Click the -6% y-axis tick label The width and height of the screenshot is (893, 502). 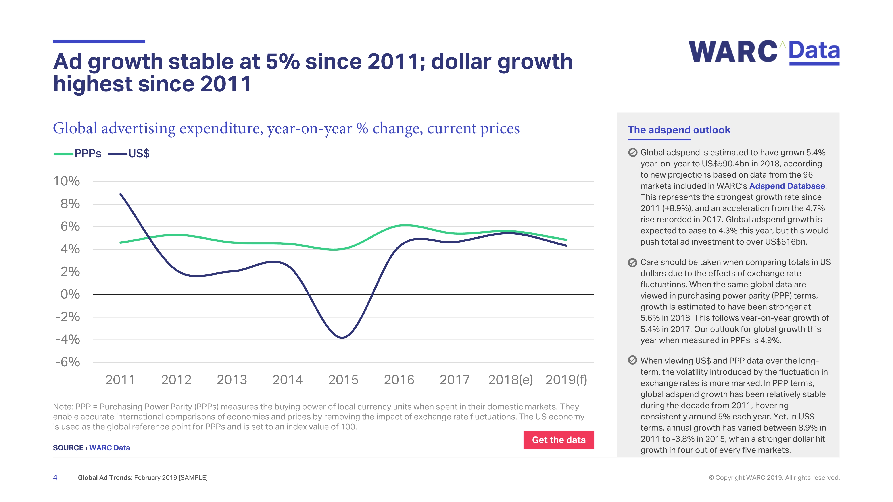(x=68, y=362)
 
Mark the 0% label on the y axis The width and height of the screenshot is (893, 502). (x=70, y=295)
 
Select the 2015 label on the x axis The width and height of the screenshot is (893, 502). (x=343, y=380)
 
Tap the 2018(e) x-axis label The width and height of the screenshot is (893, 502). (x=510, y=380)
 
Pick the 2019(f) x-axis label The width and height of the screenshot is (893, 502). (x=566, y=380)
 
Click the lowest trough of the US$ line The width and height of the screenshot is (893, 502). (x=342, y=337)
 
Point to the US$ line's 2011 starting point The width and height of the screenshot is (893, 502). (x=121, y=194)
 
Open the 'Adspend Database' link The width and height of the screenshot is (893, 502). (x=787, y=186)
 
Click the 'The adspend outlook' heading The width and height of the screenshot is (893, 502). (x=679, y=130)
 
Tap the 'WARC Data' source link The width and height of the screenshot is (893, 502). (x=110, y=448)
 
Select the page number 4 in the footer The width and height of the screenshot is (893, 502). (x=55, y=477)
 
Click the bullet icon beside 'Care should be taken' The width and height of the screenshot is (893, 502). (x=632, y=263)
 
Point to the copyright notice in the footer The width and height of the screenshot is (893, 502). (x=774, y=477)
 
